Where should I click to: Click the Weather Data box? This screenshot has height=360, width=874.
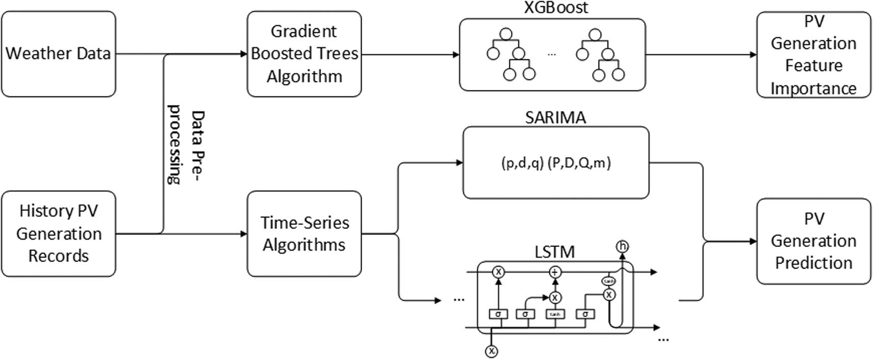pyautogui.click(x=58, y=54)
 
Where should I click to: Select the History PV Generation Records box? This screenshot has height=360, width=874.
pyautogui.click(x=58, y=234)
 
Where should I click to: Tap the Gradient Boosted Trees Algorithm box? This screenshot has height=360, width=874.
pyautogui.click(x=304, y=54)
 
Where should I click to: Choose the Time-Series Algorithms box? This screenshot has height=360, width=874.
pyautogui.click(x=304, y=234)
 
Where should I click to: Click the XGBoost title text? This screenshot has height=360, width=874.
pyautogui.click(x=555, y=8)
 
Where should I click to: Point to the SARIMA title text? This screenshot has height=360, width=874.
pyautogui.click(x=555, y=118)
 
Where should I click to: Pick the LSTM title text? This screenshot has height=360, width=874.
pyautogui.click(x=554, y=252)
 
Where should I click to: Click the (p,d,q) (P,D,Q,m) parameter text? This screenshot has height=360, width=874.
pyautogui.click(x=556, y=163)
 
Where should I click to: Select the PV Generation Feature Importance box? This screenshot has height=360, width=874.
pyautogui.click(x=813, y=55)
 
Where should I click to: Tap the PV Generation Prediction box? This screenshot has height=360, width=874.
pyautogui.click(x=813, y=241)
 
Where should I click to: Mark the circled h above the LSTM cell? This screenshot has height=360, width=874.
pyautogui.click(x=622, y=247)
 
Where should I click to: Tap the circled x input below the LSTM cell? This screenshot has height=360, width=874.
pyautogui.click(x=492, y=351)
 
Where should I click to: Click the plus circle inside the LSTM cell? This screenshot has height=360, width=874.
pyautogui.click(x=555, y=272)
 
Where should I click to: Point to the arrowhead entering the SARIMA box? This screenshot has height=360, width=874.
pyautogui.click(x=459, y=163)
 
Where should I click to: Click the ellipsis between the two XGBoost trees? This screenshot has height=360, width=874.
pyautogui.click(x=551, y=54)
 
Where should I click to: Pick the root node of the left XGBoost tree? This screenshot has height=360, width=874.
pyautogui.click(x=505, y=35)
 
